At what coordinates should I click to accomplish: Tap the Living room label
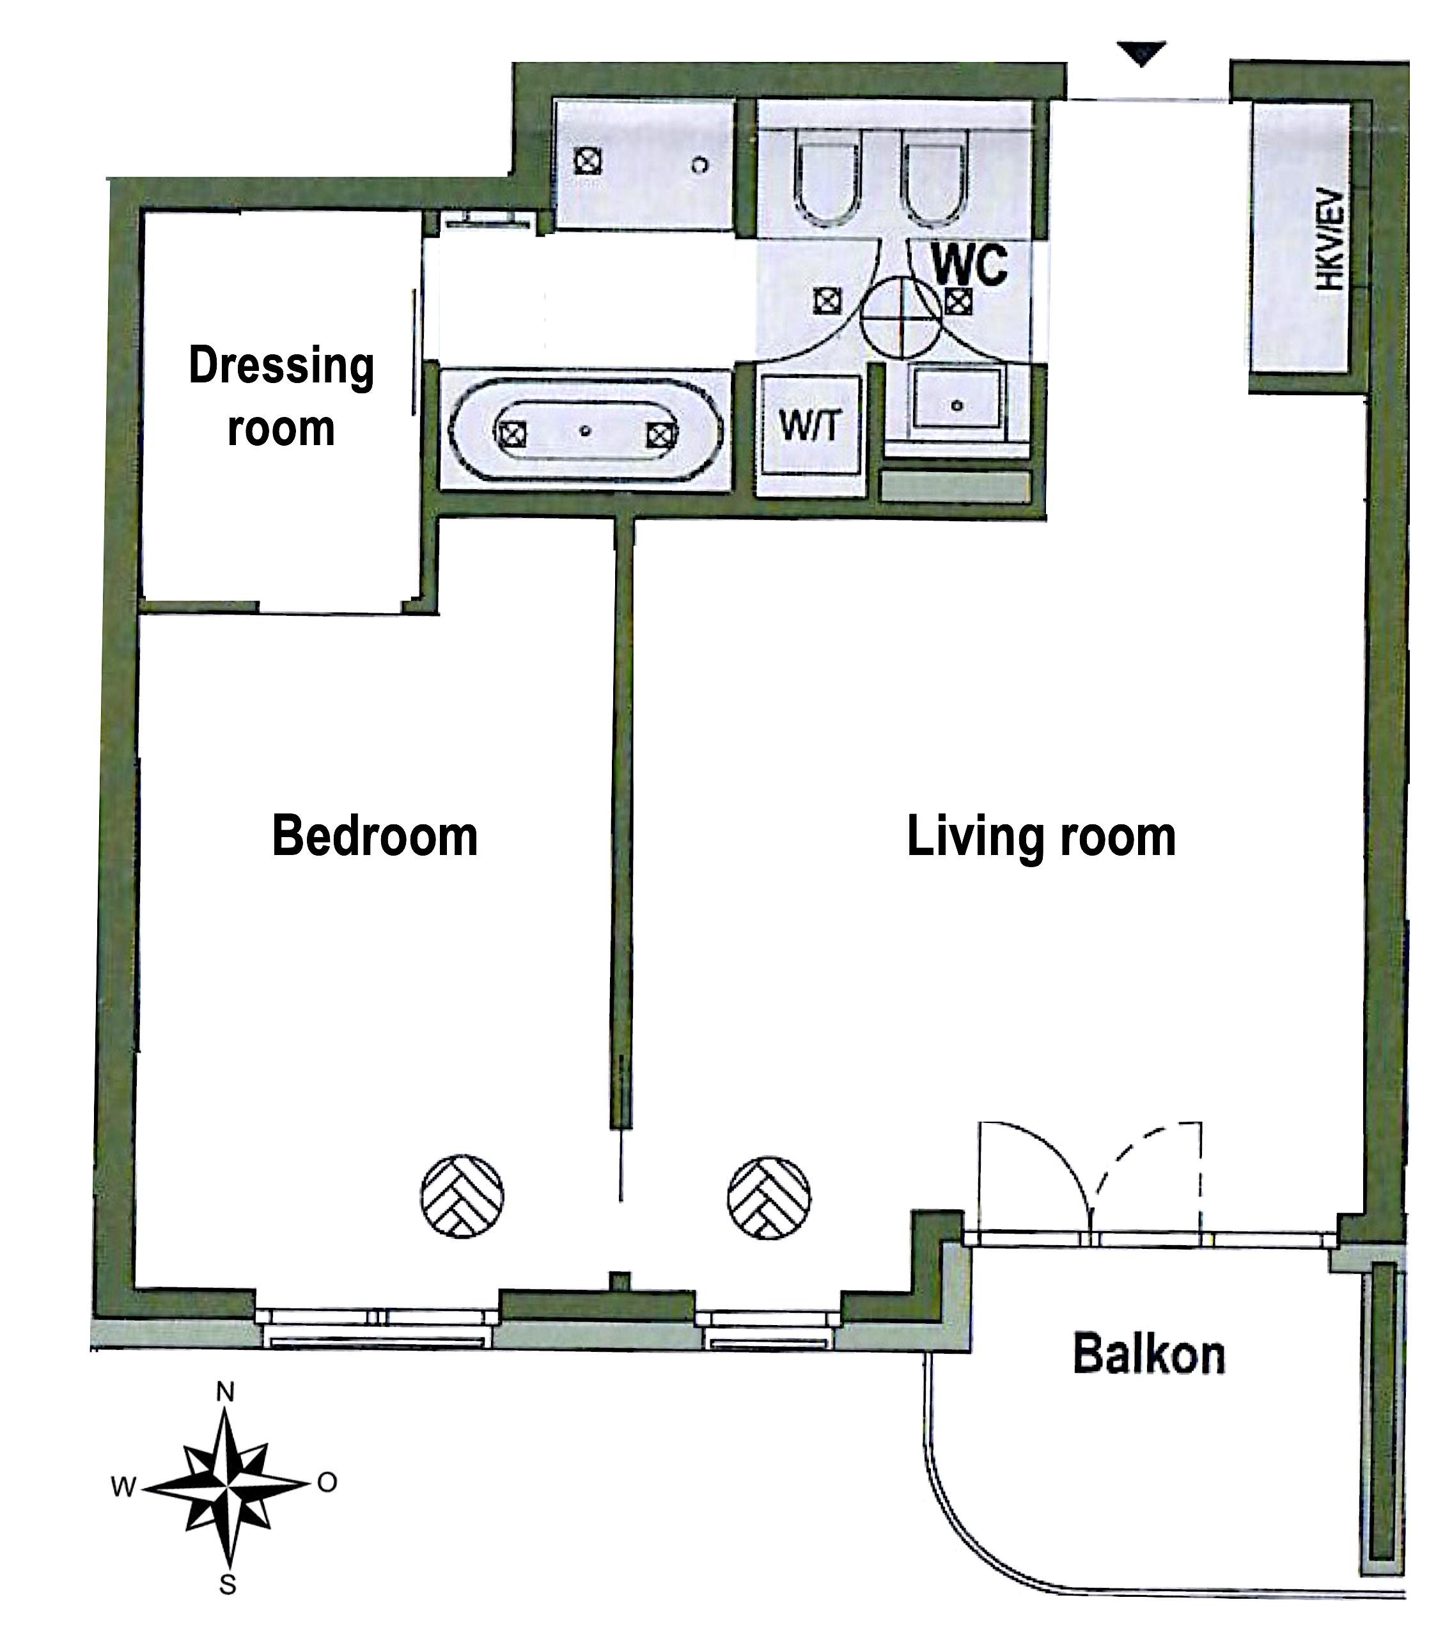coord(1041,837)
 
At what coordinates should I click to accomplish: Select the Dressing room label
coord(281,396)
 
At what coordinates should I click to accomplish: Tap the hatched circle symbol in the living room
coord(769,1198)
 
